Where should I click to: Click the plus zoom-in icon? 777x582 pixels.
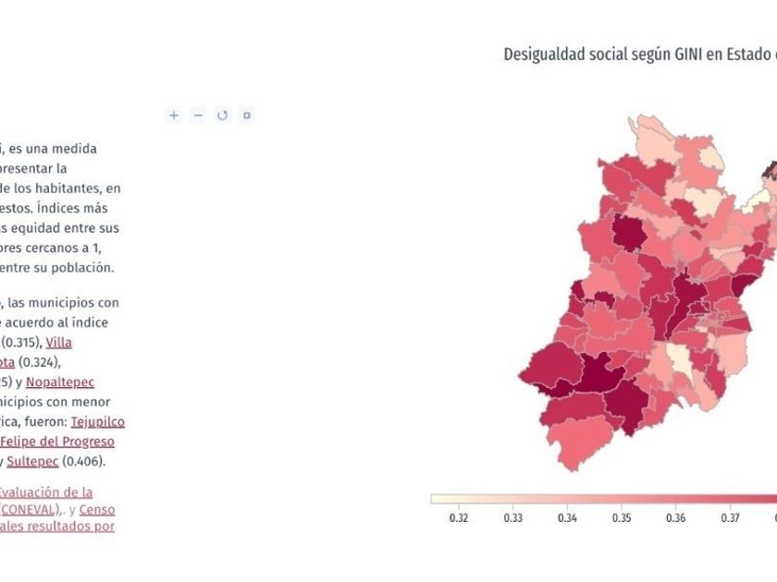click(173, 115)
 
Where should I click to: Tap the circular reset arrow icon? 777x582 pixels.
click(222, 115)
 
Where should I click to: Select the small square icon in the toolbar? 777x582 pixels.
click(246, 115)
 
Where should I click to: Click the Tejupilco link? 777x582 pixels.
click(98, 421)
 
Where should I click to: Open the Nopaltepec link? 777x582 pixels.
click(60, 382)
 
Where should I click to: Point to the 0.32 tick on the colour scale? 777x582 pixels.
click(458, 517)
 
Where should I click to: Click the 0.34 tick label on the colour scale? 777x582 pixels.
click(567, 517)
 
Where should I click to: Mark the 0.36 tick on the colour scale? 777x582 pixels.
click(676, 517)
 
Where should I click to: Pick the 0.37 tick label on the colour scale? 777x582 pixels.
click(731, 517)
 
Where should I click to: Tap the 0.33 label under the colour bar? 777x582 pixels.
click(512, 517)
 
